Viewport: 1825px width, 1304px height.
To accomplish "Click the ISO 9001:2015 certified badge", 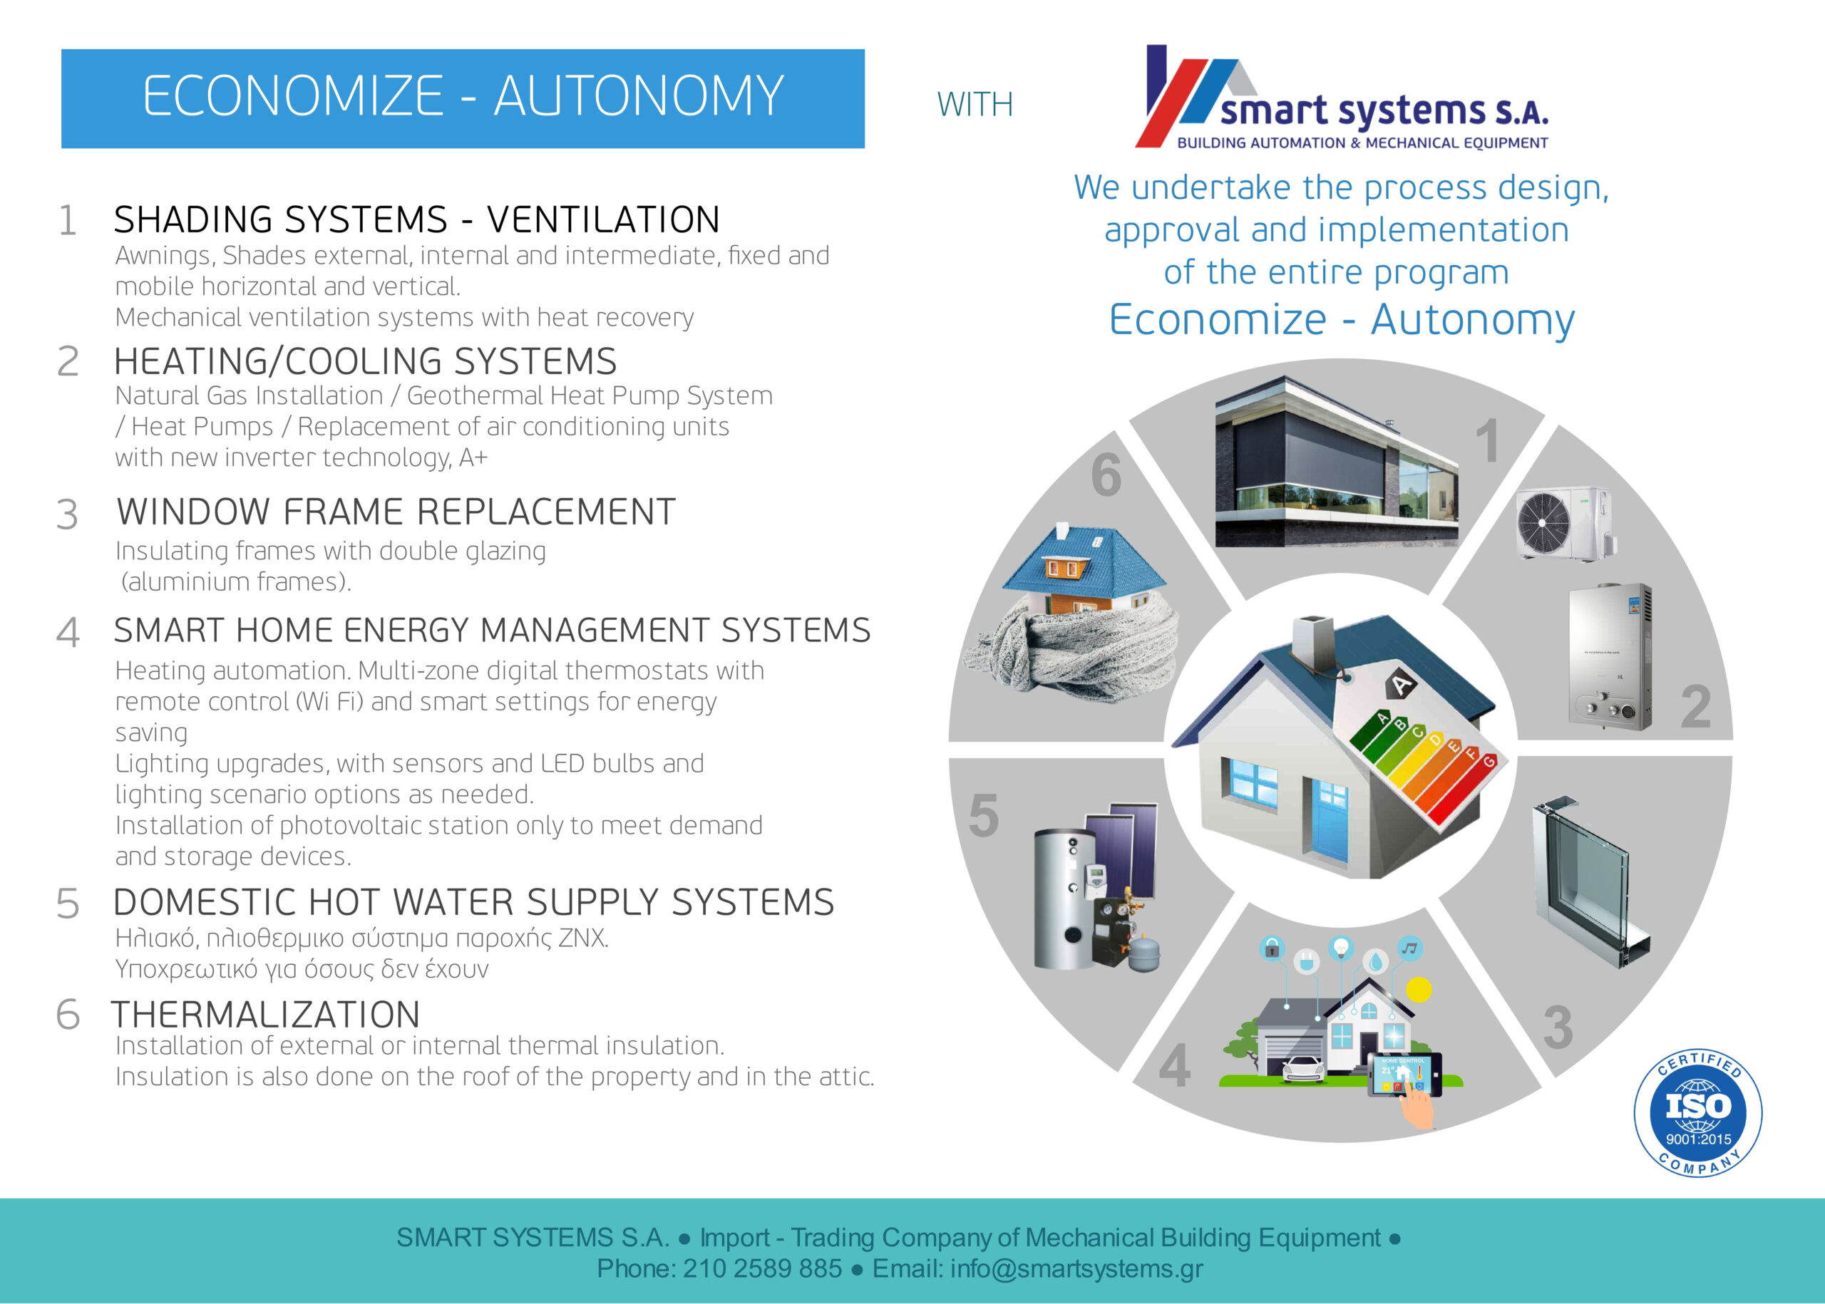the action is (1698, 1113).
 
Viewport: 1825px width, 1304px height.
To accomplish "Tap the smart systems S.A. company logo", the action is (1342, 98).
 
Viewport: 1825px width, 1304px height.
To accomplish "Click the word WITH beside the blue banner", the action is (975, 104).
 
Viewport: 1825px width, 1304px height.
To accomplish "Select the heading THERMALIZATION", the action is (266, 1014).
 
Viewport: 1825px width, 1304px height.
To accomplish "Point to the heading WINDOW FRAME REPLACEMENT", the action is (396, 512).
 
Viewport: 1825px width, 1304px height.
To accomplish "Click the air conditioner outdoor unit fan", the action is (1542, 522).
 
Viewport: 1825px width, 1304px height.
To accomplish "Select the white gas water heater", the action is (1610, 657).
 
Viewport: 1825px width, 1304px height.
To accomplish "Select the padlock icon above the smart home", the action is (1272, 948).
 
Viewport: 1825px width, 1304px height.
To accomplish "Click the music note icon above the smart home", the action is (1409, 948).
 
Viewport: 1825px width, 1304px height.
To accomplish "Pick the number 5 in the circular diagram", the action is (984, 816).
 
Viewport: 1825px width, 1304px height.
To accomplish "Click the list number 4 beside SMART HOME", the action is (68, 632).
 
